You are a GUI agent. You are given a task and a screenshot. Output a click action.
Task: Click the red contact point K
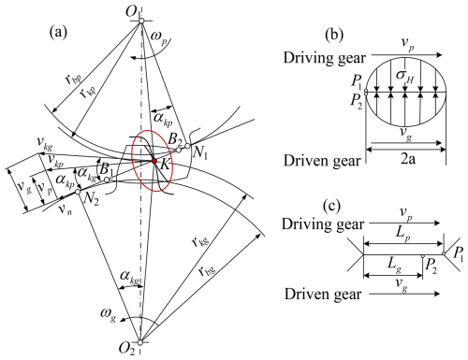[154, 161]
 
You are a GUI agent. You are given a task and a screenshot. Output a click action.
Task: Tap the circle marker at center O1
[141, 21]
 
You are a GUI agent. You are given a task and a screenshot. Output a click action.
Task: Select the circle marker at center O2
[140, 342]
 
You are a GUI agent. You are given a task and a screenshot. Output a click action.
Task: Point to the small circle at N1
[187, 146]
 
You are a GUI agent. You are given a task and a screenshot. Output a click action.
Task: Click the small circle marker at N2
[78, 192]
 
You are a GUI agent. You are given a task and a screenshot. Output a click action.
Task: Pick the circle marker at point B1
[107, 180]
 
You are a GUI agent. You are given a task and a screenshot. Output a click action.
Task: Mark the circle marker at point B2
[179, 150]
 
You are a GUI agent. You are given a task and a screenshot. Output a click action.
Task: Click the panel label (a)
[58, 32]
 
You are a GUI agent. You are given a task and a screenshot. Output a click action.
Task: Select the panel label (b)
[334, 35]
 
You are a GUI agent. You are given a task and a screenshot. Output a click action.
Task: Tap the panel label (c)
[331, 206]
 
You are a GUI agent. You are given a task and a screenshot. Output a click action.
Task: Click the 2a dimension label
[408, 159]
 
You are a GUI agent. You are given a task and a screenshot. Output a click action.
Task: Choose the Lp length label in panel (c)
[402, 234]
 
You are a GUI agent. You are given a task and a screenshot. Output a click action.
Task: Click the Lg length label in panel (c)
[394, 265]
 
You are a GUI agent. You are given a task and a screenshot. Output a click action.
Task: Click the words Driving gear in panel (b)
[325, 58]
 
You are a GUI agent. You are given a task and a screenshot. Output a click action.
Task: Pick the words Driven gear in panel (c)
[323, 294]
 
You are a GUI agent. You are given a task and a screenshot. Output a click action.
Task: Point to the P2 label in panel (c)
[431, 266]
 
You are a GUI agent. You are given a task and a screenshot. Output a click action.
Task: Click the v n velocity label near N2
[66, 209]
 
